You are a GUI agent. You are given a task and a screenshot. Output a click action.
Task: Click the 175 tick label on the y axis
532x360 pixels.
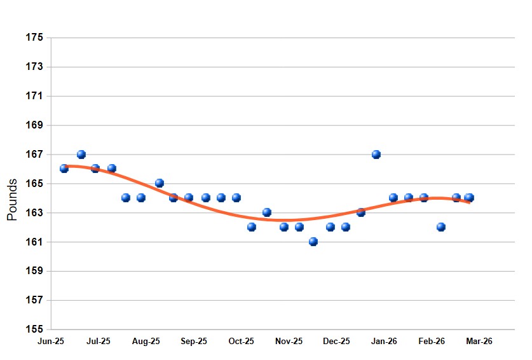[x=35, y=38]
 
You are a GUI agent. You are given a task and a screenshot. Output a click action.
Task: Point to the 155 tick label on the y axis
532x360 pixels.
[x=35, y=329]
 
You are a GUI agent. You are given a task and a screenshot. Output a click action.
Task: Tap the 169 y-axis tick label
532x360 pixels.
[x=35, y=125]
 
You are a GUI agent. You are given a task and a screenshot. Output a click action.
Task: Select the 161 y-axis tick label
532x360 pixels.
[x=35, y=242]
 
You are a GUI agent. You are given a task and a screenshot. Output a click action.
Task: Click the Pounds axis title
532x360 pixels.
[x=12, y=200]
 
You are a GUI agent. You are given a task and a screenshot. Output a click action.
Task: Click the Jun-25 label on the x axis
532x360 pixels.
[x=51, y=342]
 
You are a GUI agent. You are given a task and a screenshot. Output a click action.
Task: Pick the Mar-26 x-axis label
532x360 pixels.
[x=479, y=342]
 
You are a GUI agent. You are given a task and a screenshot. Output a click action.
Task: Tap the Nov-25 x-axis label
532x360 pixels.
[x=289, y=342]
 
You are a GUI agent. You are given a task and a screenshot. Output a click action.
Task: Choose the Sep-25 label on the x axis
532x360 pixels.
[x=194, y=342]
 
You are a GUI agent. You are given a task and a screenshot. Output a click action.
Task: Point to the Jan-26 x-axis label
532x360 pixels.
[x=384, y=342]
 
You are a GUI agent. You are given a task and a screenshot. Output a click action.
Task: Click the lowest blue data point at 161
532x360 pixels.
[x=313, y=242]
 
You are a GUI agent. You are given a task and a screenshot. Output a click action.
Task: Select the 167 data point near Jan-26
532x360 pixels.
[x=376, y=155]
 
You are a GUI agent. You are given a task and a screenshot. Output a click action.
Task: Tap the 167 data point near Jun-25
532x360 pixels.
[x=81, y=155]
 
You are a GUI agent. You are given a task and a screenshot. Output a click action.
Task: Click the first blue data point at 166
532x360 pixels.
[x=64, y=169]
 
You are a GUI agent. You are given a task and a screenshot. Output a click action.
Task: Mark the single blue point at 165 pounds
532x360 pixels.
[x=160, y=183]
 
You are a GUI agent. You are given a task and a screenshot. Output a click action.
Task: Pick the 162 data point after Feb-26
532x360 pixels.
[x=441, y=227]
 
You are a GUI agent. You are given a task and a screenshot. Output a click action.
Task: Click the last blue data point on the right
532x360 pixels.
[x=470, y=198]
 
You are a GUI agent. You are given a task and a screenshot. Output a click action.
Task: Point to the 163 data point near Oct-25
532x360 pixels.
[x=267, y=212]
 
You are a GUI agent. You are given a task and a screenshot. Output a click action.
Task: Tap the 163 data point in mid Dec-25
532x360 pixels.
[x=361, y=212]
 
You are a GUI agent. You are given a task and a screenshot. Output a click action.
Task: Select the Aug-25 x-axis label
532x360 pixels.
[x=146, y=342]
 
